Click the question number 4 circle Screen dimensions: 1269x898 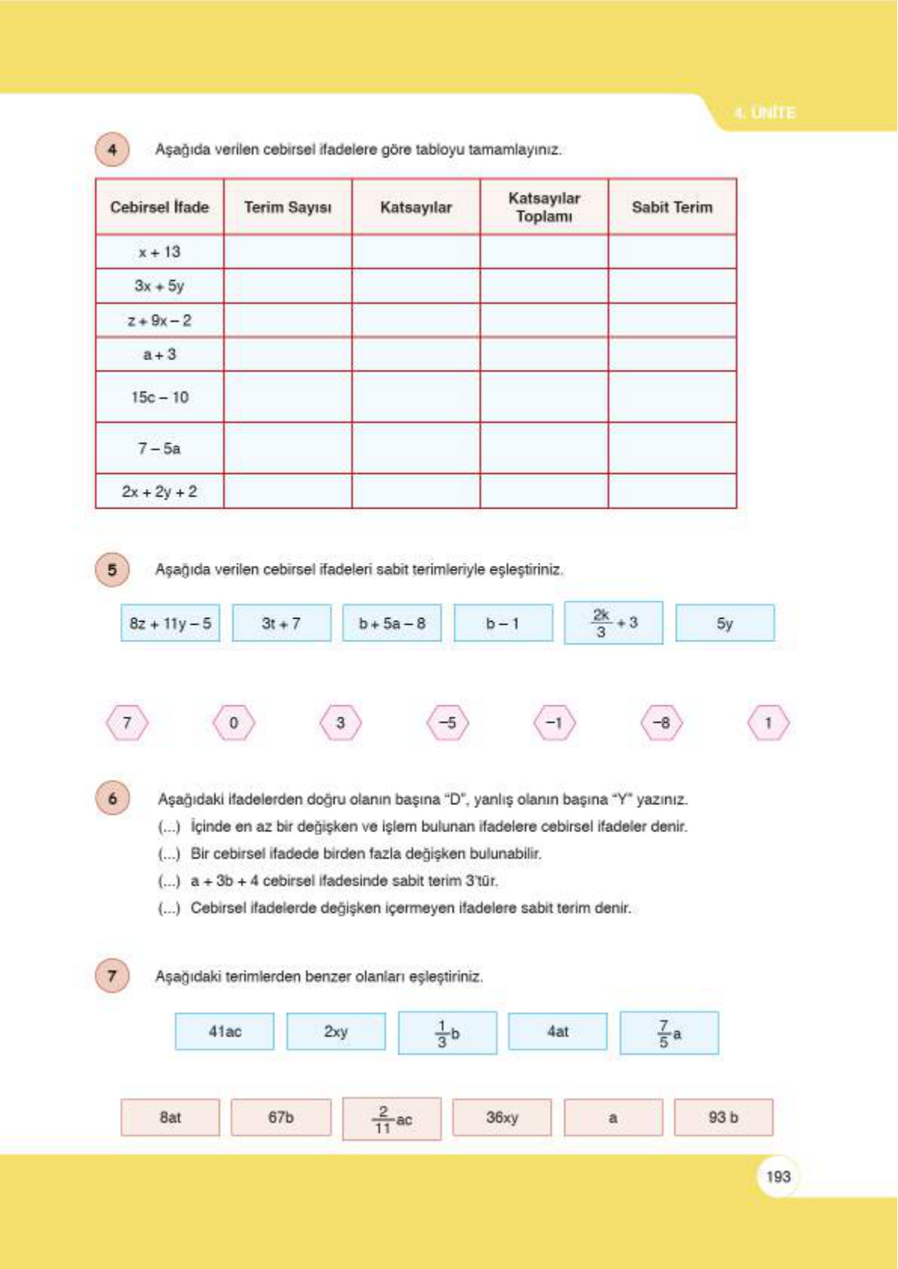point(112,149)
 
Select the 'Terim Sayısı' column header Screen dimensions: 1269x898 point(287,207)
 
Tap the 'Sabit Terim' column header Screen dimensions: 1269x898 point(672,207)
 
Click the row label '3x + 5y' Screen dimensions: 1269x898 point(159,286)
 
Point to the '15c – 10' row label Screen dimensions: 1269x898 point(159,397)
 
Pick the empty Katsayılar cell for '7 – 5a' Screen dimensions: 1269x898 point(415,448)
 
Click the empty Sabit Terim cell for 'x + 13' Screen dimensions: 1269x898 point(672,252)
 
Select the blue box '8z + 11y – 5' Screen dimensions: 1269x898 point(170,623)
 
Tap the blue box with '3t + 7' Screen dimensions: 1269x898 point(281,623)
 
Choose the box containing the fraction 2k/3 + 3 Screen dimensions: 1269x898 point(614,623)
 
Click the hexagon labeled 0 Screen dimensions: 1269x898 point(234,723)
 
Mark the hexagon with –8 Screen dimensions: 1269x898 point(661,723)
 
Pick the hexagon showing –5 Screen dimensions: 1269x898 point(447,723)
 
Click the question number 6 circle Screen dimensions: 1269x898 point(112,799)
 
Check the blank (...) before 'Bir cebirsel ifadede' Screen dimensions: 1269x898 point(169,854)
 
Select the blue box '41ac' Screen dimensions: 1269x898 point(225,1032)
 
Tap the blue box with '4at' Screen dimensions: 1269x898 point(558,1032)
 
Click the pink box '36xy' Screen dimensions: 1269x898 point(502,1118)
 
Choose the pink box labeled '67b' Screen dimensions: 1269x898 point(280,1118)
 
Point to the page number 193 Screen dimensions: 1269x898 point(778,1176)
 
